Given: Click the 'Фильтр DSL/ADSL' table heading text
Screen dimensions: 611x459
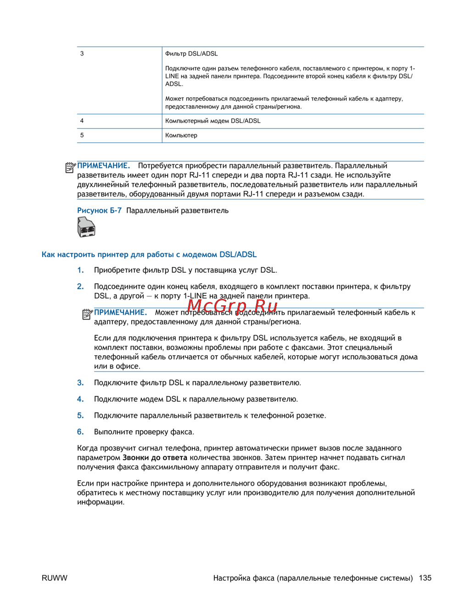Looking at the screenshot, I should coord(191,54).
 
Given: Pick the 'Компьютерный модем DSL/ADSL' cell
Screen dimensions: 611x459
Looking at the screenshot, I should coord(213,121).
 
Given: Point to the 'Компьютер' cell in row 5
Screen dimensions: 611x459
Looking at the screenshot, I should coord(181,135).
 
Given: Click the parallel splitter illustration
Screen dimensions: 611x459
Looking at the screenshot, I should coord(86,227).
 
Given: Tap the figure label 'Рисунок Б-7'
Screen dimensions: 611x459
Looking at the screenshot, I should coord(100,211).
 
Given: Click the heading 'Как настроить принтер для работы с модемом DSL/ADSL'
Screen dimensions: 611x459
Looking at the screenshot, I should coord(149,254).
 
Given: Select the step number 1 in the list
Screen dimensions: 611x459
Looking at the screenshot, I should coord(80,270).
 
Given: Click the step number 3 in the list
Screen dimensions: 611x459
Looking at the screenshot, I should coord(80,382).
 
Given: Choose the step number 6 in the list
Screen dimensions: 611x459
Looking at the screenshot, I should coord(80,432).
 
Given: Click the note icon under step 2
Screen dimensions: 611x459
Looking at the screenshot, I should coord(87,314).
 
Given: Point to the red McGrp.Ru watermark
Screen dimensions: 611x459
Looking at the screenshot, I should coord(232,305).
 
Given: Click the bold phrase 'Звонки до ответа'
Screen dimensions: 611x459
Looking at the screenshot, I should coord(155,458).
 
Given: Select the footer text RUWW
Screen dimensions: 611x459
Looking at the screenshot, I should coord(54,578).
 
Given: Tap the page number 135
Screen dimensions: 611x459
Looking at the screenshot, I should coord(425,578).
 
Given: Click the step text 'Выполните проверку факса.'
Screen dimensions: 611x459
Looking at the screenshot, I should coord(144,432).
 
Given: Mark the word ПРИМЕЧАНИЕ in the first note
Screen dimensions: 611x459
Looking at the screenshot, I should coord(104,166).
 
